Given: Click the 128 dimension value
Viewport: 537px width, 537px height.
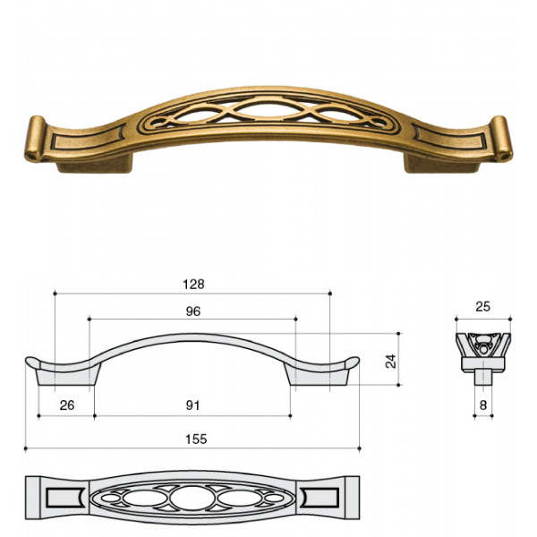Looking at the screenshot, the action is point(193,285).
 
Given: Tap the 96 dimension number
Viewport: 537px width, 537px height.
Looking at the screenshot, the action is point(192,311).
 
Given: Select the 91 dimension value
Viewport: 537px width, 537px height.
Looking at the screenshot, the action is point(192,405).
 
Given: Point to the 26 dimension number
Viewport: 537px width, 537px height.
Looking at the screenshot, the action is point(67,405).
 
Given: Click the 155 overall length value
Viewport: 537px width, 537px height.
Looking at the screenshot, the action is point(196,439).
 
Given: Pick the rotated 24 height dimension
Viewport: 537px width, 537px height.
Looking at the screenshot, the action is point(391,362).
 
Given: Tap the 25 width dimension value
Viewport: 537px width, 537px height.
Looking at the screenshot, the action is point(483,306).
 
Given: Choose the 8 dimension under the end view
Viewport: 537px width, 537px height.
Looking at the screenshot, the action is point(483,405).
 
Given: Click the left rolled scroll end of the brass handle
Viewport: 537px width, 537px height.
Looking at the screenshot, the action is point(35,139).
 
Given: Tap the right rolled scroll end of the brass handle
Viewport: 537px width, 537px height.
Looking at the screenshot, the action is point(502,139).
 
